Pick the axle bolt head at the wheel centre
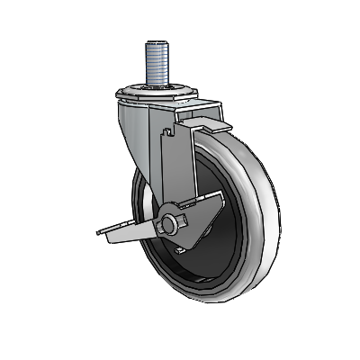pos(168,225)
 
